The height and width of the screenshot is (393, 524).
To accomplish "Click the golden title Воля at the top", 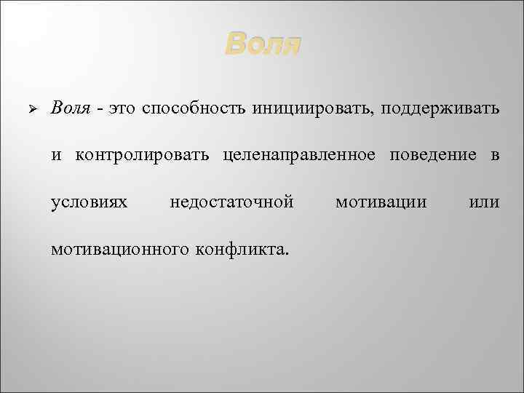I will click(262, 45).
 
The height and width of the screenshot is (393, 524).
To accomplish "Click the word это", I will click(121, 109).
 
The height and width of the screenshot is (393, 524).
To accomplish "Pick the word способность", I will click(194, 109).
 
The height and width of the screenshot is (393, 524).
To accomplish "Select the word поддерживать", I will click(437, 109).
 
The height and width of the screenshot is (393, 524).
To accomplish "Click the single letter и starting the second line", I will click(56, 155).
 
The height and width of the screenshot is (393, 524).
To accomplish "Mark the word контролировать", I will click(143, 154).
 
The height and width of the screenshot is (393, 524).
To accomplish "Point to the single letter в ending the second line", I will click(494, 155).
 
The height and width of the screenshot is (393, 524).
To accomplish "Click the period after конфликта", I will click(288, 253).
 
